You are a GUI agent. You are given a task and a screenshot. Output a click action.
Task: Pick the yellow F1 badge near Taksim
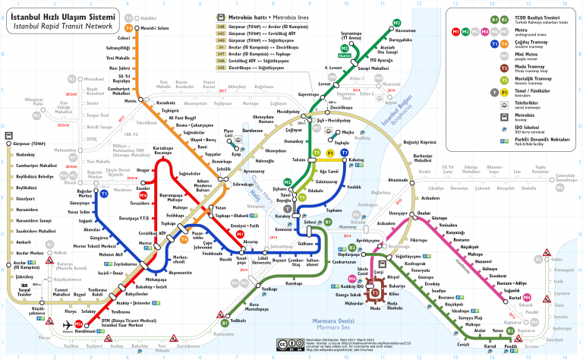pyautogui.click(x=331, y=153)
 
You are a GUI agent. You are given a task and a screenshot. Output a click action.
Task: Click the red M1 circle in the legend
pyautogui.click(x=455, y=32)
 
